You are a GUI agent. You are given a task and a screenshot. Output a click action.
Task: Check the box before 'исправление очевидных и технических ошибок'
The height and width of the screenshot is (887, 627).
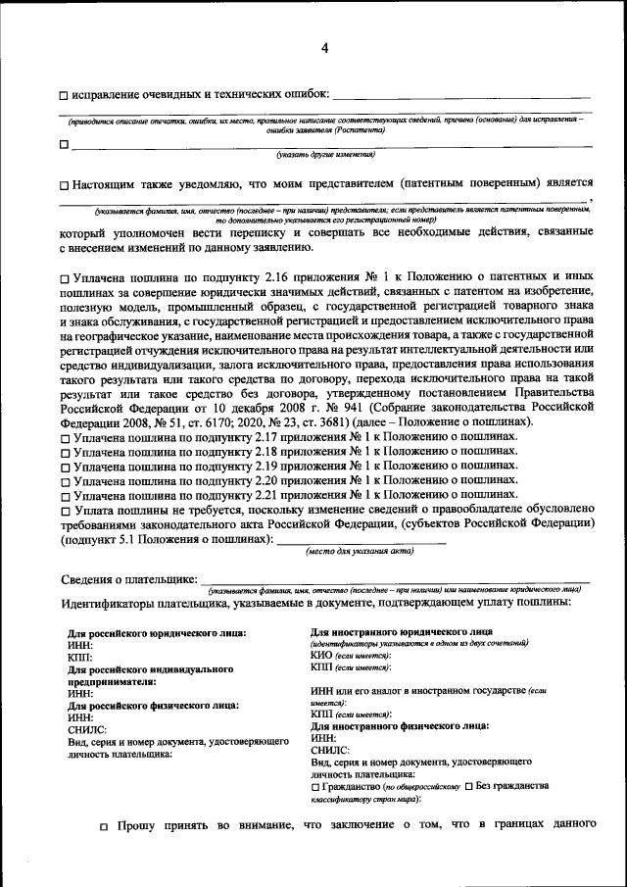pyautogui.click(x=64, y=96)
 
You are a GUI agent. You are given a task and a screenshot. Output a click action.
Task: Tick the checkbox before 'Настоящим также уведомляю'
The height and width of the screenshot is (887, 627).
pyautogui.click(x=64, y=184)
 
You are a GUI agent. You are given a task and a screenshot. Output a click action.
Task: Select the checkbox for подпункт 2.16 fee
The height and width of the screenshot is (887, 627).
pyautogui.click(x=65, y=280)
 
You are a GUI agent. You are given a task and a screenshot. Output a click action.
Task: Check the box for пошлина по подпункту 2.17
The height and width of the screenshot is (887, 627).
pyautogui.click(x=65, y=436)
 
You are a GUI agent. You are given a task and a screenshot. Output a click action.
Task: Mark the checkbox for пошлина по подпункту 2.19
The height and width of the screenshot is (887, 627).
pyautogui.click(x=65, y=467)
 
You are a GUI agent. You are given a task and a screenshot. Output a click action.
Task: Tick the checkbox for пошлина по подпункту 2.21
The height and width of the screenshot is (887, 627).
pyautogui.click(x=65, y=497)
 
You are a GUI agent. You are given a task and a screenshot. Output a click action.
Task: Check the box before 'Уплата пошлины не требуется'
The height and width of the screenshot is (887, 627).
pyautogui.click(x=65, y=512)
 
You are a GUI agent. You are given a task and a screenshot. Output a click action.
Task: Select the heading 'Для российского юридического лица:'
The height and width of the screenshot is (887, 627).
pyautogui.click(x=156, y=633)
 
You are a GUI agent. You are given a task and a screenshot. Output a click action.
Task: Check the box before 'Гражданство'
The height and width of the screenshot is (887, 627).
pyautogui.click(x=314, y=787)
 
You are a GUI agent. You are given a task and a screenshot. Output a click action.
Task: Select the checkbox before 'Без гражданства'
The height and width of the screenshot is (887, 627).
pyautogui.click(x=469, y=787)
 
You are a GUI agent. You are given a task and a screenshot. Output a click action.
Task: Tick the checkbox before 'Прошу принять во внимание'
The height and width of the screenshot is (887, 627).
pyautogui.click(x=105, y=827)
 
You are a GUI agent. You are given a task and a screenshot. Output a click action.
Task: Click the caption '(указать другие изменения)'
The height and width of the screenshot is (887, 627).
pyautogui.click(x=325, y=154)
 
